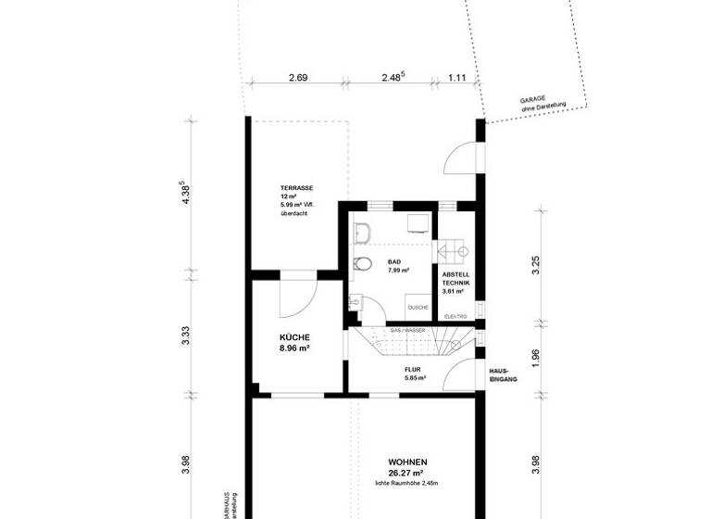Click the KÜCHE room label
click(x=294, y=337)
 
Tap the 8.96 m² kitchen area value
click(x=294, y=349)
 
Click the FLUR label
click(x=412, y=369)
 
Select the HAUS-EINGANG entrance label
click(x=502, y=375)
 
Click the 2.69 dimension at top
click(x=297, y=78)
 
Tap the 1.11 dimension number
click(x=458, y=78)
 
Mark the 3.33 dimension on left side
click(x=186, y=336)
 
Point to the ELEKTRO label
click(x=456, y=317)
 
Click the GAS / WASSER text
click(x=406, y=330)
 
